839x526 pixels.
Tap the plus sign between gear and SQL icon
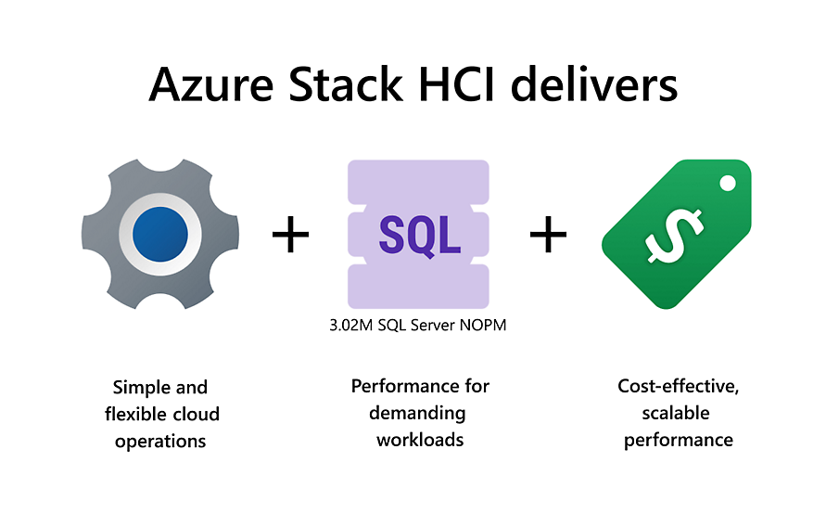click(290, 235)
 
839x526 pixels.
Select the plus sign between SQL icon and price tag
click(548, 235)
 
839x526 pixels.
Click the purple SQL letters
click(419, 234)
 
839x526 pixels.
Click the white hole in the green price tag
click(727, 182)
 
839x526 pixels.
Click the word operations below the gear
click(160, 441)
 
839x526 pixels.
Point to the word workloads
click(420, 439)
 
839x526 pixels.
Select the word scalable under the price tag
click(678, 412)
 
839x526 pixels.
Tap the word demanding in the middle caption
click(419, 412)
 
